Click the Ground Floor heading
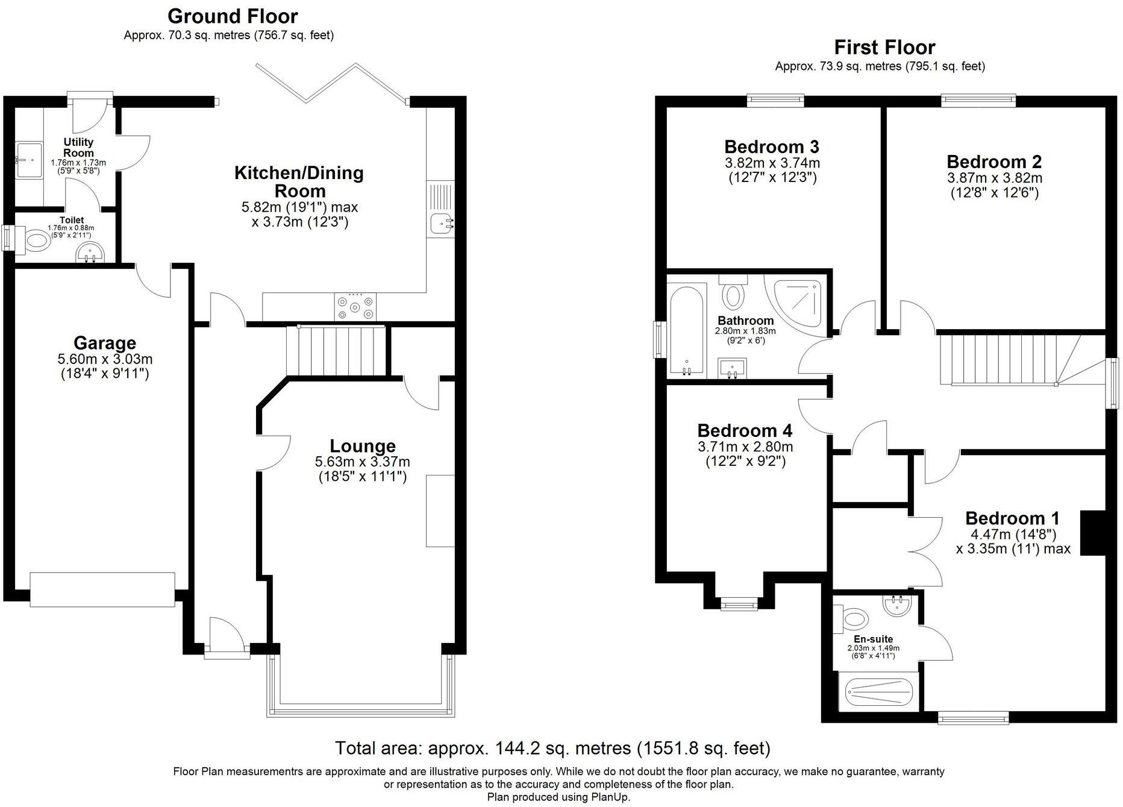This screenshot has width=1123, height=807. pyautogui.click(x=233, y=16)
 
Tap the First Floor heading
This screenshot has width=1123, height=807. pyautogui.click(x=884, y=47)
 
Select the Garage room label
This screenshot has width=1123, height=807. pyautogui.click(x=105, y=343)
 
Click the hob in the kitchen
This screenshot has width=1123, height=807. pyautogui.click(x=355, y=306)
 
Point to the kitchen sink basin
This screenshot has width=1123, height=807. pyautogui.click(x=442, y=224)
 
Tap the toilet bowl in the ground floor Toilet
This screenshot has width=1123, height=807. pyautogui.click(x=37, y=242)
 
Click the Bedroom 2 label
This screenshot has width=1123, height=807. pyautogui.click(x=994, y=162)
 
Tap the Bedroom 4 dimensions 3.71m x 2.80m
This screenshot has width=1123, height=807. pyautogui.click(x=745, y=447)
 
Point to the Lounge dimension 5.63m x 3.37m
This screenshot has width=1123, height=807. pyautogui.click(x=362, y=462)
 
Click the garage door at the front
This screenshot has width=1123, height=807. pyautogui.click(x=102, y=589)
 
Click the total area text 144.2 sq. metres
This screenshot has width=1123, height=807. pyautogui.click(x=552, y=749)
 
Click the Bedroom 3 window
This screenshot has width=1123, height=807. pyautogui.click(x=775, y=100)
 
